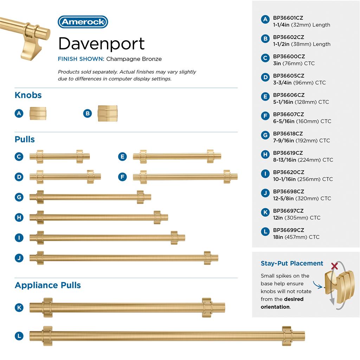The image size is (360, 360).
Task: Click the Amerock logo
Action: coord(83,22)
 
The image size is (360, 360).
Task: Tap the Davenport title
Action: coord(102,43)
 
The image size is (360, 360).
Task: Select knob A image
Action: coord(38,113)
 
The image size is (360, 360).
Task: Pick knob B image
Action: coord(108,113)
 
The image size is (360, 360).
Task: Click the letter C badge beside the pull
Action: coord(19,156)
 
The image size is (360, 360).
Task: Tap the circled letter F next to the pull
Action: coord(122,177)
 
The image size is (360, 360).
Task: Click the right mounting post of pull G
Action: coord(140,197)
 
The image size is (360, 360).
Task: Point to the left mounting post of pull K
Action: coord(47,308)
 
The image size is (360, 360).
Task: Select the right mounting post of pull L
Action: coord(287,336)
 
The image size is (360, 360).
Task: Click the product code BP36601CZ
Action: coord(288,18)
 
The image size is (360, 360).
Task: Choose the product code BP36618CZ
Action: coord(288,134)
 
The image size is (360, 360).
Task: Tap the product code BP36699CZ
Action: coord(288,230)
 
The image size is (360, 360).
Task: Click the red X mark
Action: coord(335,266)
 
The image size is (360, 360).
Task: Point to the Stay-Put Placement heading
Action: coord(292,263)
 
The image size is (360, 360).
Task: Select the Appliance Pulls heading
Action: coord(48,285)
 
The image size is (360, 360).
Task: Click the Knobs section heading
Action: coord(28,95)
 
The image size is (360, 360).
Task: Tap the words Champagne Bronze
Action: coord(134,59)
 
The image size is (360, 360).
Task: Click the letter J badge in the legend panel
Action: coord(265,193)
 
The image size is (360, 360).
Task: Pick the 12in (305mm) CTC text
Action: coord(297,218)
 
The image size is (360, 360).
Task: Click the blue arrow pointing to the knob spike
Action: coord(318,285)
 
